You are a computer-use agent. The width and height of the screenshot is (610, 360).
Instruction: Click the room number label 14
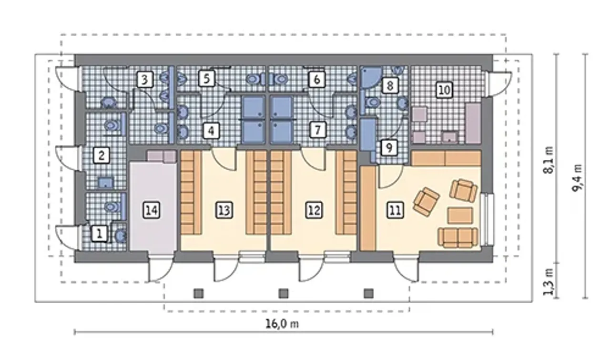[x=152, y=210]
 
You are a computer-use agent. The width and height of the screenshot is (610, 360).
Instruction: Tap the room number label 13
[x=224, y=210]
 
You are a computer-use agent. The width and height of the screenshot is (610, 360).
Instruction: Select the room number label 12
[x=314, y=210]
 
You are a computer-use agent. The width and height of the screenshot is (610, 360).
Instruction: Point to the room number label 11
[x=395, y=210]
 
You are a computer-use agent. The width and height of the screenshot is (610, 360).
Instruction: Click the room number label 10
[x=445, y=90]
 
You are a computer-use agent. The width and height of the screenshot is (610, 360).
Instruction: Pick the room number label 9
[x=389, y=148]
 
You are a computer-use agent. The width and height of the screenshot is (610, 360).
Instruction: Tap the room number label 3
[x=144, y=80]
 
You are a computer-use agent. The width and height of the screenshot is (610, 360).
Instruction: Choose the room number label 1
[x=100, y=234]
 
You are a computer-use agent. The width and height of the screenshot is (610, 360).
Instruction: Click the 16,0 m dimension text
[x=282, y=324]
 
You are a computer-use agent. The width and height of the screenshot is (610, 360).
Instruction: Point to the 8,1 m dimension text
[x=548, y=160]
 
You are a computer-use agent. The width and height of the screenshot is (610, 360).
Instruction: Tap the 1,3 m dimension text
[x=548, y=282]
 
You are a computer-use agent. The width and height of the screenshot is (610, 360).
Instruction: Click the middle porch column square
[x=284, y=294]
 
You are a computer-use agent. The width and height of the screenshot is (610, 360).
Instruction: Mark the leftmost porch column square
[x=199, y=294]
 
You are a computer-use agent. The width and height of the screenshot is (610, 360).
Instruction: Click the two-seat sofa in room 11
[x=458, y=237]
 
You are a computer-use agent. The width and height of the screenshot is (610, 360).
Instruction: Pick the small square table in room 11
[x=460, y=216]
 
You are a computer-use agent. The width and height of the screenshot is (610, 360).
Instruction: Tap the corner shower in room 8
[x=371, y=77]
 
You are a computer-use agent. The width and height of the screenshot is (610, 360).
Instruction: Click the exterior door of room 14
[x=161, y=268]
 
